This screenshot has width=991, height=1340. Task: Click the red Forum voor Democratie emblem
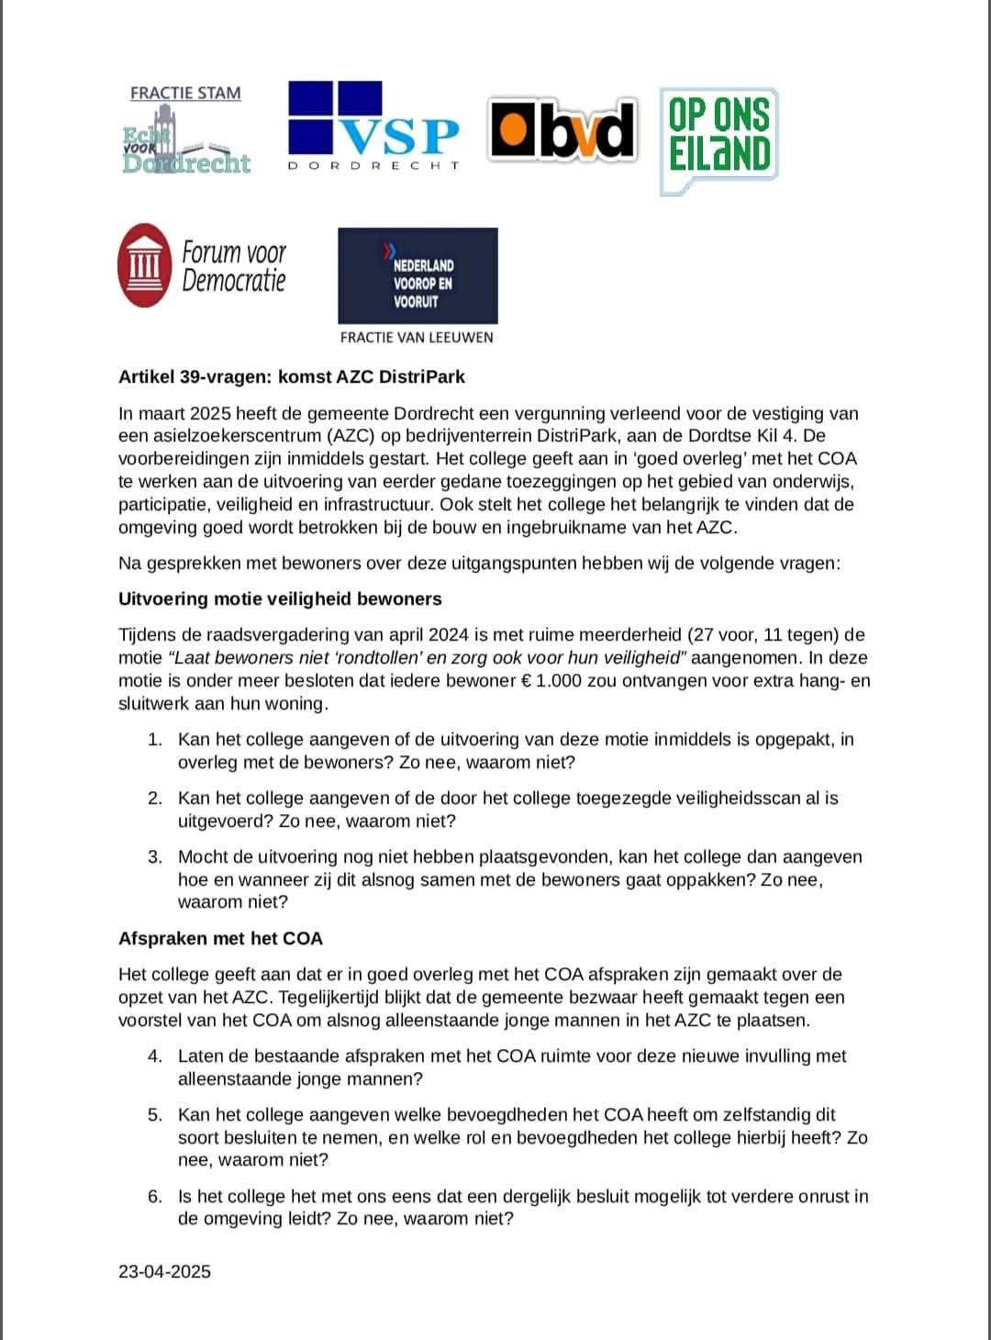pos(145,265)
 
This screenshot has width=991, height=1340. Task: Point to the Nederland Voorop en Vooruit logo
pos(418,275)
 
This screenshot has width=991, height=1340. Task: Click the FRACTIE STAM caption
pos(185,93)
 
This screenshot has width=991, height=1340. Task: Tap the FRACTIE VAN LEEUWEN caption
pos(417,337)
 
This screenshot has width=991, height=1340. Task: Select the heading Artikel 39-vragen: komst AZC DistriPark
pos(292,376)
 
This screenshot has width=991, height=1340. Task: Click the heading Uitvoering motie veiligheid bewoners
pos(280,598)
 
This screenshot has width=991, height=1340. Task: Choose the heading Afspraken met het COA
pos(220,938)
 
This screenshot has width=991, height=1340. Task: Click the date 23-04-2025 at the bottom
pos(164,1271)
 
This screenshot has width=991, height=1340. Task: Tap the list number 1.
pos(155,739)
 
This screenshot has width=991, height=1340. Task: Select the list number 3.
pos(155,856)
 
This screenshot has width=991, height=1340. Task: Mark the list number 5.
pos(155,1114)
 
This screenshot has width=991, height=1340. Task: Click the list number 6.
pos(155,1196)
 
